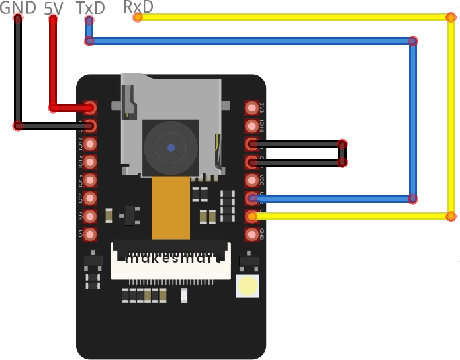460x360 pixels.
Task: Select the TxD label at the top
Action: click(x=91, y=7)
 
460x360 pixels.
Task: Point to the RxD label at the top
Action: click(x=138, y=7)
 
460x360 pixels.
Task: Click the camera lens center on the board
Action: click(x=171, y=147)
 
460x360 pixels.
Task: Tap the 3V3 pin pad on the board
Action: click(x=252, y=107)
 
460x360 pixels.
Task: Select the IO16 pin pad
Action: click(x=252, y=126)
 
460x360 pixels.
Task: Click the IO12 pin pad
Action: click(x=91, y=144)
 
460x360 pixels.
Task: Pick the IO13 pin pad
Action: click(x=91, y=162)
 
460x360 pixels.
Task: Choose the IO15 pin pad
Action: click(x=91, y=180)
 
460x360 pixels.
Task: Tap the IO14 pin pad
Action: click(x=91, y=198)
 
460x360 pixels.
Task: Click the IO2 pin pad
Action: click(x=91, y=216)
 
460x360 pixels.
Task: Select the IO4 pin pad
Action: click(x=91, y=234)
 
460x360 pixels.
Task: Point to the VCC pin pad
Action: click(x=252, y=180)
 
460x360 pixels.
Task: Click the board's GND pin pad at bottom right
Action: click(x=252, y=234)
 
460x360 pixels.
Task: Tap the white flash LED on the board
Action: click(x=248, y=285)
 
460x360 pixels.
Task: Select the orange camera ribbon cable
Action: click(x=171, y=208)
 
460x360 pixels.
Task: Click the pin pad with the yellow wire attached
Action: click(x=252, y=216)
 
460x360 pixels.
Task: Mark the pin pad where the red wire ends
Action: click(x=91, y=107)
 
